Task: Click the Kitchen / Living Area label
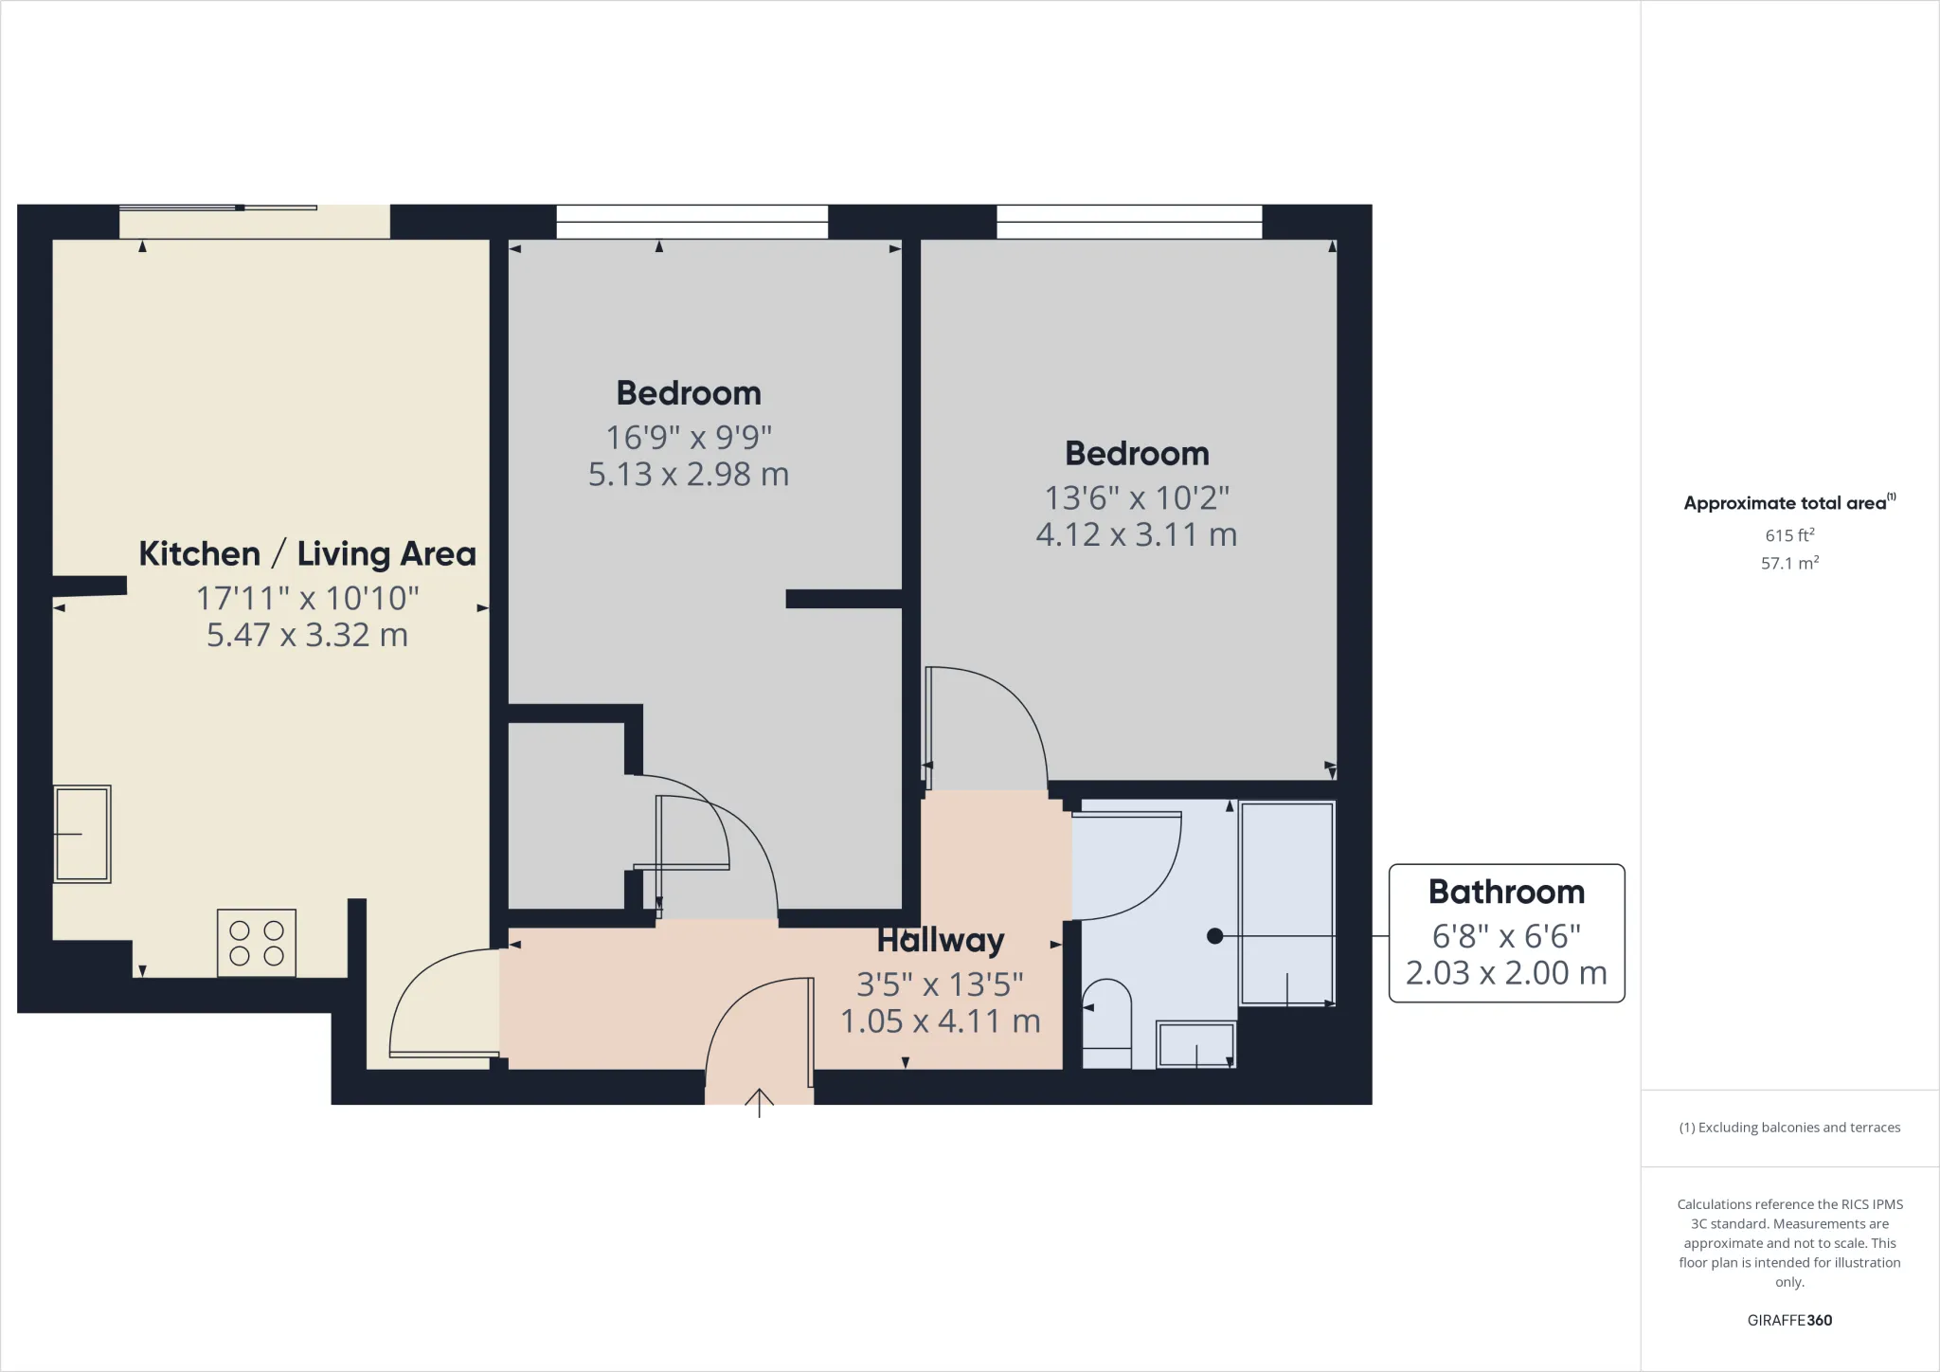point(307,554)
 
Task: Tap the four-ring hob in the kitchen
point(257,943)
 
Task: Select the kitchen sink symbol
point(82,834)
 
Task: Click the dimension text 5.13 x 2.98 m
point(689,474)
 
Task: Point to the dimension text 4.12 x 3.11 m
point(1136,534)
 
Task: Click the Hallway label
point(940,940)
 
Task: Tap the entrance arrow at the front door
point(759,1102)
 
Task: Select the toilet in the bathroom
point(1106,1023)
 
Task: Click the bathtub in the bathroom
point(1286,902)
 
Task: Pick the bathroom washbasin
point(1196,1044)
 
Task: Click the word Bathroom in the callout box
point(1506,892)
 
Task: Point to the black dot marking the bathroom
point(1214,936)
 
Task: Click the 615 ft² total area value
point(1789,535)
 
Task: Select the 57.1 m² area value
point(1789,563)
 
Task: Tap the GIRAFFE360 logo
point(1789,1320)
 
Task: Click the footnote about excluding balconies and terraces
point(1789,1128)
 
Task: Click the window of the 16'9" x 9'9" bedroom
point(692,222)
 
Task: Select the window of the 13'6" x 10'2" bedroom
point(1129,222)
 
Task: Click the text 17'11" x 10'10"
point(307,599)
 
